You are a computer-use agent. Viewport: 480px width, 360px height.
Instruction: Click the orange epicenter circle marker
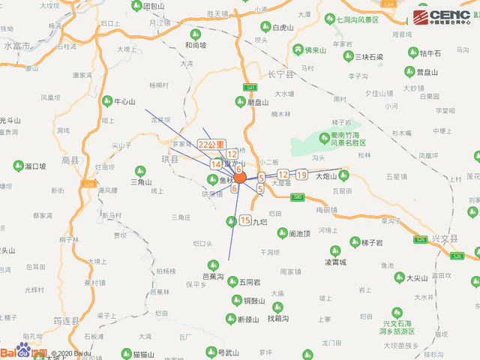[240, 178]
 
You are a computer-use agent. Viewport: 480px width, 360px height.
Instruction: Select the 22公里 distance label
[212, 144]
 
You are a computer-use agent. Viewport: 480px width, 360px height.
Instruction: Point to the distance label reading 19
[301, 175]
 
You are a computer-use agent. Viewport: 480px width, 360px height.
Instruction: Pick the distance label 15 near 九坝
[244, 220]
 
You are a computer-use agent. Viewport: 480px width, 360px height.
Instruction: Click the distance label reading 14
[216, 163]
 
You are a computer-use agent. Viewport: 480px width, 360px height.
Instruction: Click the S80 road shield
[297, 196]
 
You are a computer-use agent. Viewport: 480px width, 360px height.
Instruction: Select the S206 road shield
[88, 184]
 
